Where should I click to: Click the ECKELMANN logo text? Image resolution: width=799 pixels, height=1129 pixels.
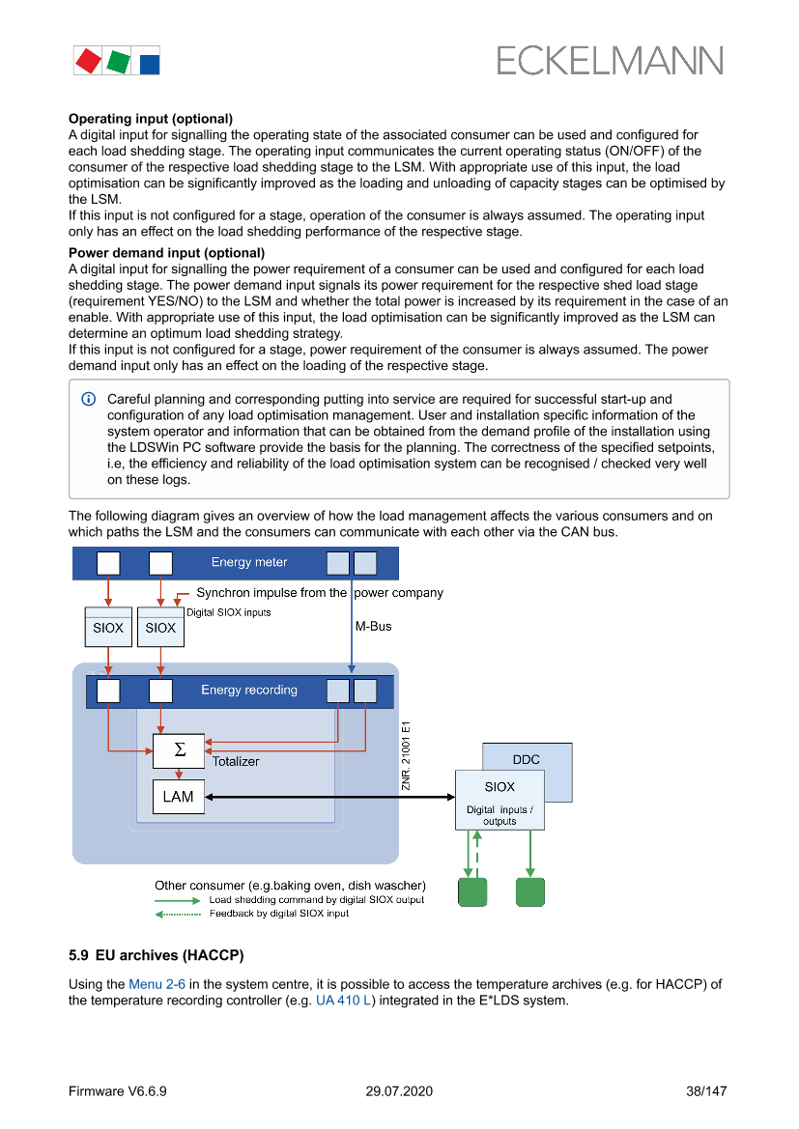[609, 61]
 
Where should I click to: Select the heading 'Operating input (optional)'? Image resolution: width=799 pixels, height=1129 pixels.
[150, 119]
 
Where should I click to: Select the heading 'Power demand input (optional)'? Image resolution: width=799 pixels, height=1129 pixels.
[166, 253]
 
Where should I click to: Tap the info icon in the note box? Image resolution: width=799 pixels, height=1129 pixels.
[89, 399]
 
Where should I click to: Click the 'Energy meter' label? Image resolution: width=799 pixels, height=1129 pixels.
[249, 562]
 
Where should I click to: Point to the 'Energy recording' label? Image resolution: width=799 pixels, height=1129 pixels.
[249, 690]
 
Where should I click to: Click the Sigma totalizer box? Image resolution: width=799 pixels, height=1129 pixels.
[179, 750]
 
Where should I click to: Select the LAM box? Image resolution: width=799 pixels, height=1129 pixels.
[179, 797]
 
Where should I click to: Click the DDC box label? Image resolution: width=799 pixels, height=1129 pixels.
[527, 759]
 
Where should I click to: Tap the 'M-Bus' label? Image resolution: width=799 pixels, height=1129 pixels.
[374, 626]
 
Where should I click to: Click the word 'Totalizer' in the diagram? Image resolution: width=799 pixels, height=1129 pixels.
[237, 761]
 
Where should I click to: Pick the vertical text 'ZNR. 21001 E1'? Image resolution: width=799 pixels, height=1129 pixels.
[407, 755]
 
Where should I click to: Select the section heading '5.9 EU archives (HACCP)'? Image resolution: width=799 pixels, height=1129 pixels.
[156, 955]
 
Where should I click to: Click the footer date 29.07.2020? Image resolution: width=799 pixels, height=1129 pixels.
[399, 1091]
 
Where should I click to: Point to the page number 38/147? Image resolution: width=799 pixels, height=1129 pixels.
[705, 1091]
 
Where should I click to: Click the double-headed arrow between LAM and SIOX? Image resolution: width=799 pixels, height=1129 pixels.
[328, 797]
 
